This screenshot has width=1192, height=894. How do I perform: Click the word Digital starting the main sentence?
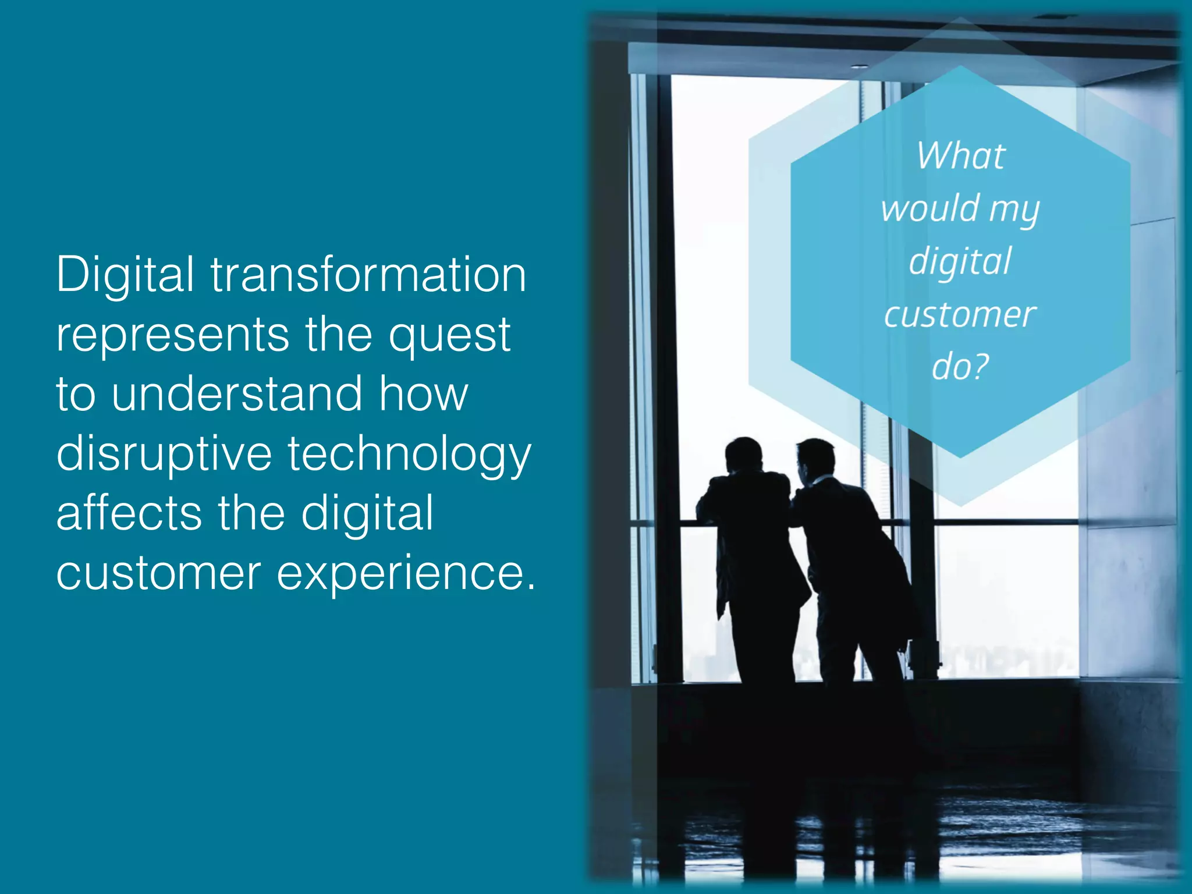125,275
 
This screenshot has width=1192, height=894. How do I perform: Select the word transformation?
368,275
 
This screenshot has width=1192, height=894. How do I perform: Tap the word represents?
172,336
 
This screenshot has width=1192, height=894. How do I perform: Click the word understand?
237,394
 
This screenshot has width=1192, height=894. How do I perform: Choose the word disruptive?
164,454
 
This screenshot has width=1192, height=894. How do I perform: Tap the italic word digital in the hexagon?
960,262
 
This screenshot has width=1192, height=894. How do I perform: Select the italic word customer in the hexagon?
960,315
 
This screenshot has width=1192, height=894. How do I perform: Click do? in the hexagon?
960,367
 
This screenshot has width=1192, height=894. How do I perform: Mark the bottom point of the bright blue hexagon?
960,457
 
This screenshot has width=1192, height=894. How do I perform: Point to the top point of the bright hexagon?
960,67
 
